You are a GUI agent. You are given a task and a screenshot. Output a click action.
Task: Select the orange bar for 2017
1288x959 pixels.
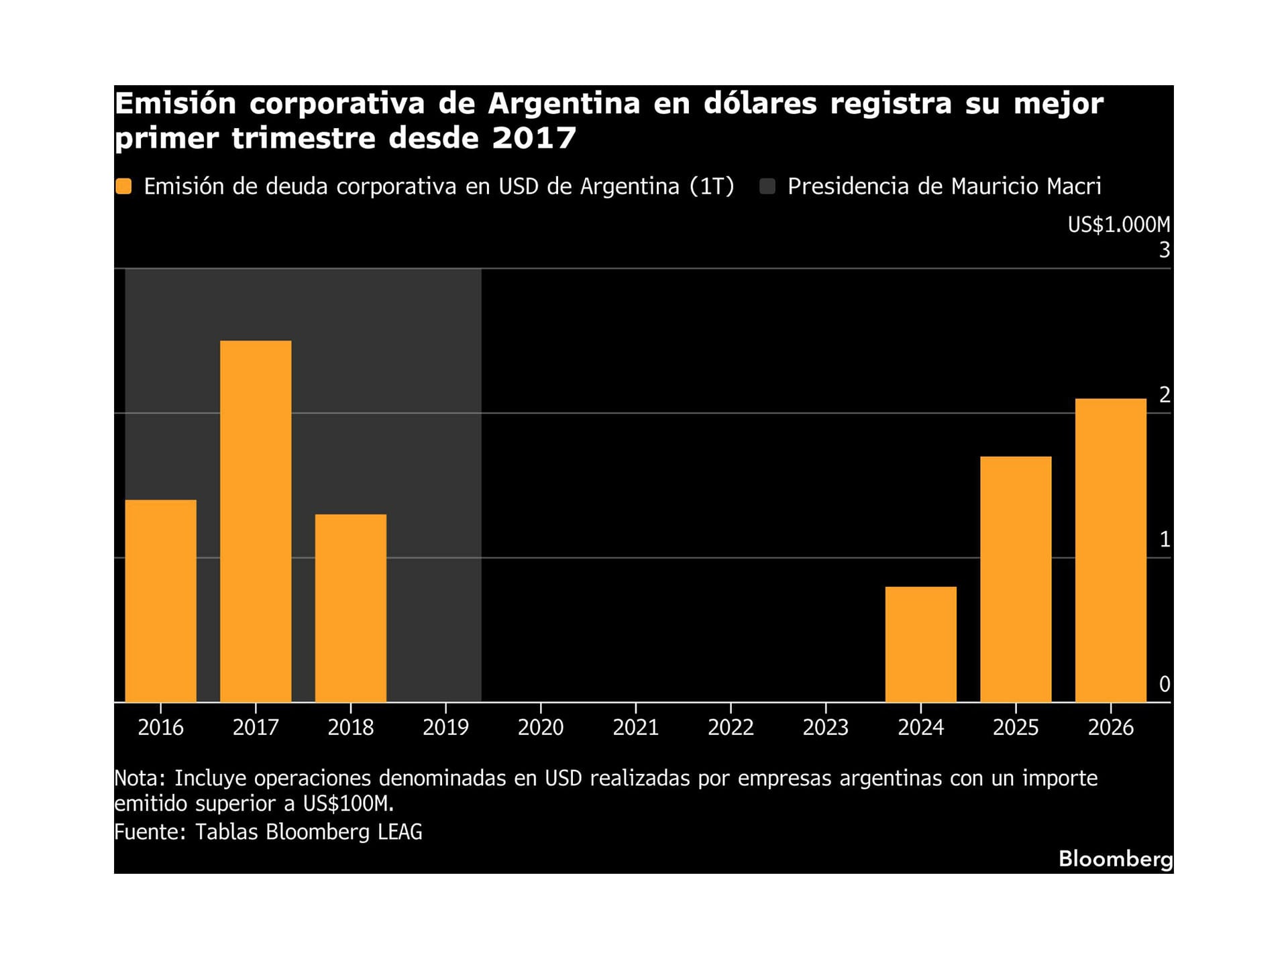click(256, 521)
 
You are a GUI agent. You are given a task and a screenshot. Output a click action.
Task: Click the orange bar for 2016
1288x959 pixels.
click(160, 600)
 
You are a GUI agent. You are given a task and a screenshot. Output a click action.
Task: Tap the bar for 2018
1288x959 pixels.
click(350, 608)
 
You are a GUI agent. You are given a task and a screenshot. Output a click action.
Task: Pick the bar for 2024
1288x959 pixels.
click(920, 644)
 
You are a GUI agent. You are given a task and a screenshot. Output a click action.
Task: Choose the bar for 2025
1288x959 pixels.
click(1016, 579)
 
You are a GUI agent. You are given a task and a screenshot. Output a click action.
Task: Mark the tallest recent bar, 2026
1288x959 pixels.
click(1110, 550)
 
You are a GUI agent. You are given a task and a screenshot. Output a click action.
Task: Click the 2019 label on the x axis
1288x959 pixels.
click(445, 727)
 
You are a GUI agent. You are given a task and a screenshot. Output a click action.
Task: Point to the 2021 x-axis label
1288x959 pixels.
click(635, 727)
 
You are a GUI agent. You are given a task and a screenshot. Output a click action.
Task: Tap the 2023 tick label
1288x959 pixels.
click(825, 727)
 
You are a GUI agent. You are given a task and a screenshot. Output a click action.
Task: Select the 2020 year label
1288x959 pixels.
click(540, 727)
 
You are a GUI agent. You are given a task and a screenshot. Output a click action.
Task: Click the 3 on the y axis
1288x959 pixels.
click(1164, 250)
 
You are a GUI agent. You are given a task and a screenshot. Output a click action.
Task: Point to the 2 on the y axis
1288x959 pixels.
click(1164, 395)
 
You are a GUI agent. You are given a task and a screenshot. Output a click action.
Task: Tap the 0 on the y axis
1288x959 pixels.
click(1164, 684)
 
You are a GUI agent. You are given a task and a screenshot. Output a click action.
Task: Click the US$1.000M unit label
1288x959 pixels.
click(1118, 225)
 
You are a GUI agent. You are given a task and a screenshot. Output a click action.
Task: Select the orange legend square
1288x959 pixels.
click(123, 186)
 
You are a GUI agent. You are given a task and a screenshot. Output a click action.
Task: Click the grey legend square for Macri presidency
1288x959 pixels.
click(767, 186)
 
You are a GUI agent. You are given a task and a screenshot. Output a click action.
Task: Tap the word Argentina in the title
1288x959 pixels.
click(563, 104)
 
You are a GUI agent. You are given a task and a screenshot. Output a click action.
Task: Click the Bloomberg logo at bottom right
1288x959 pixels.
click(1115, 858)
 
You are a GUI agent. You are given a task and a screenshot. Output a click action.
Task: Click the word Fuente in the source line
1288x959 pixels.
click(149, 832)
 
